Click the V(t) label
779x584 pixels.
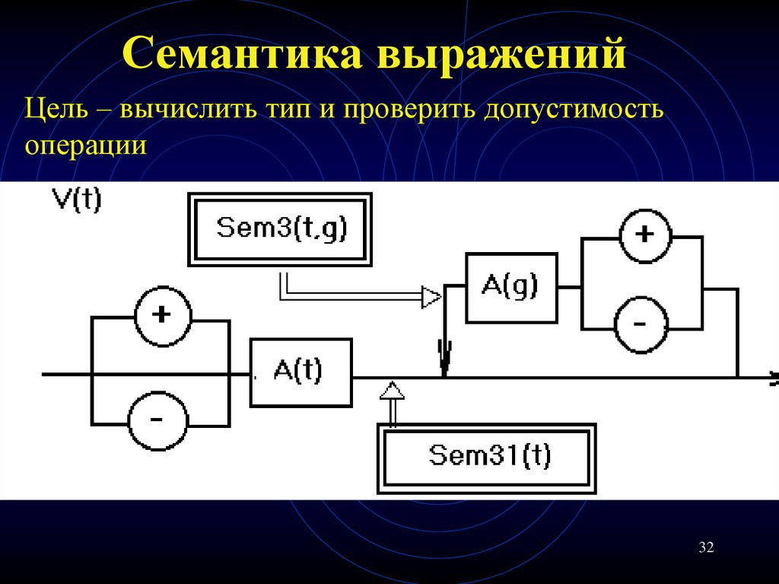75,202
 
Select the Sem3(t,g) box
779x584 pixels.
281,228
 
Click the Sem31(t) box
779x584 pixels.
486,457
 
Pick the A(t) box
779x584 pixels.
300,373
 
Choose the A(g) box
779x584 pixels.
510,287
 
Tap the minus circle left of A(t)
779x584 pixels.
157,420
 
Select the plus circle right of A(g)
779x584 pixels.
644,234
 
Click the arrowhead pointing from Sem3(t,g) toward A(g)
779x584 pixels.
431,296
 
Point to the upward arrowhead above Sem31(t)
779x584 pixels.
393,391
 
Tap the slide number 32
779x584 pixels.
706,547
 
